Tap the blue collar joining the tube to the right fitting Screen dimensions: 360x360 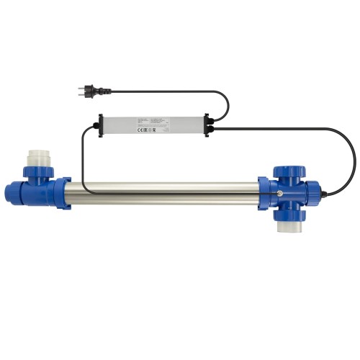click(x=264, y=194)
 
